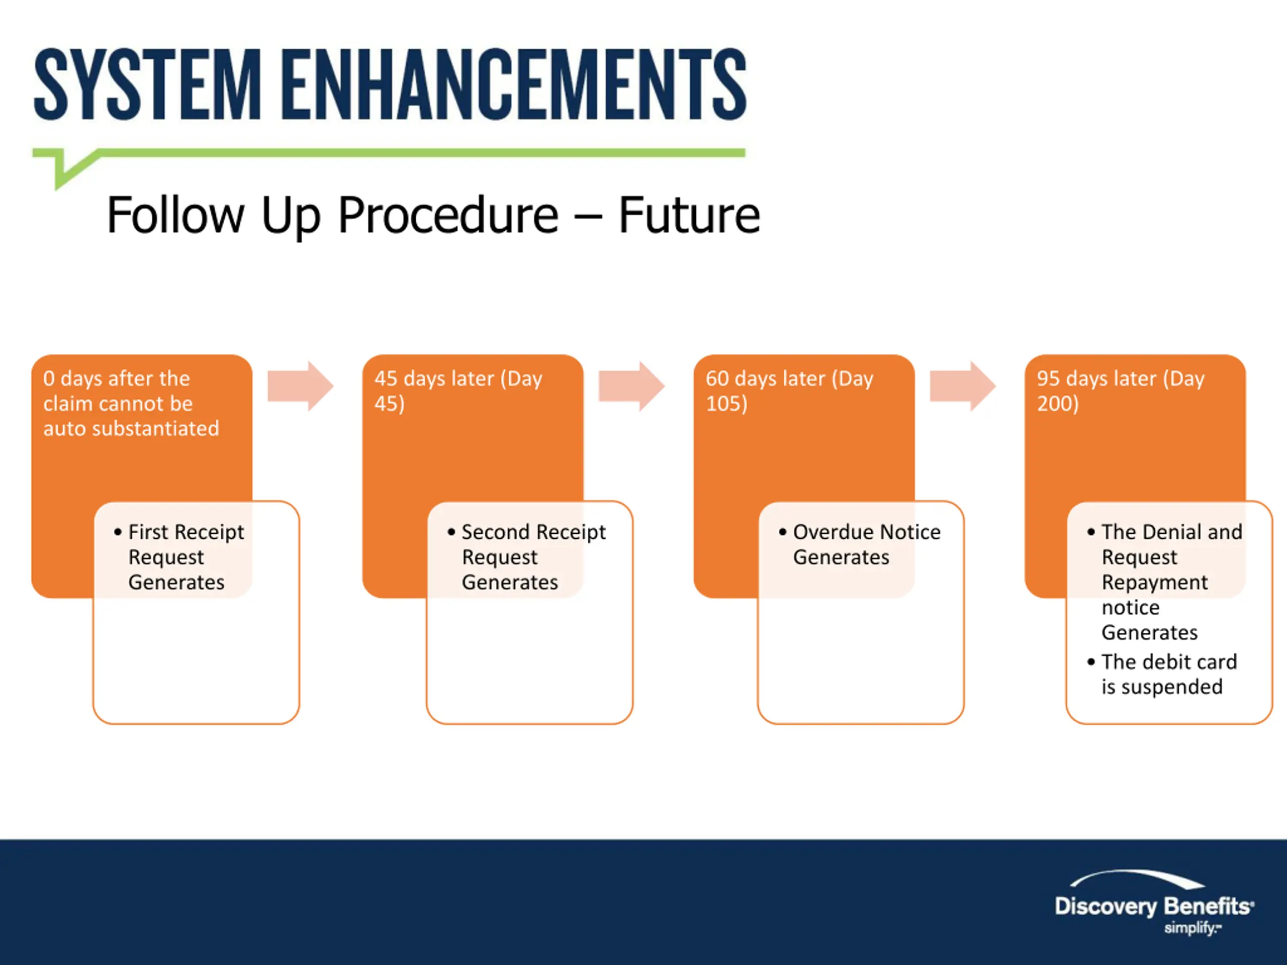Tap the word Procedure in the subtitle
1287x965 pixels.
[448, 216]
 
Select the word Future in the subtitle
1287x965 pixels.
[689, 216]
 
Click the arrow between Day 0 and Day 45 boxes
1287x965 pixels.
[300, 386]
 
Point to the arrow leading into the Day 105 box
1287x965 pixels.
[632, 386]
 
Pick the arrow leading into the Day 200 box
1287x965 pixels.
[963, 386]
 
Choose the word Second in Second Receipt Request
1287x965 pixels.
[495, 532]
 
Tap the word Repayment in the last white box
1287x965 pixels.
[1154, 582]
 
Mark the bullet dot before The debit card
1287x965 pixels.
[1091, 661]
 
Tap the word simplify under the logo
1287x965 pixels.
[1190, 928]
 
